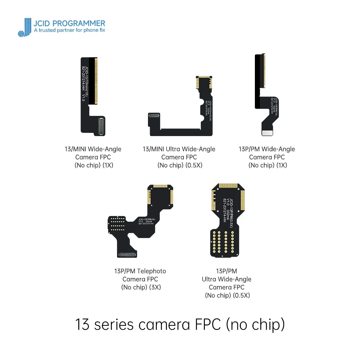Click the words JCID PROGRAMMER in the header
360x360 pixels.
(x=69, y=23)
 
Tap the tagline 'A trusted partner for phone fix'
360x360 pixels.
(x=69, y=31)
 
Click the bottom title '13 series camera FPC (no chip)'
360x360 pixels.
(x=180, y=324)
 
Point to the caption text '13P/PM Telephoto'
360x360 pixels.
(x=140, y=271)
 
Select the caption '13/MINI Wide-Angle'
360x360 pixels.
(x=93, y=149)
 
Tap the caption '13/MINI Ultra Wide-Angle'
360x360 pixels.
(x=179, y=149)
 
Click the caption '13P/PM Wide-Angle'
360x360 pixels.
(x=267, y=149)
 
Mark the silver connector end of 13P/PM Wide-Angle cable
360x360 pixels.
(x=266, y=133)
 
